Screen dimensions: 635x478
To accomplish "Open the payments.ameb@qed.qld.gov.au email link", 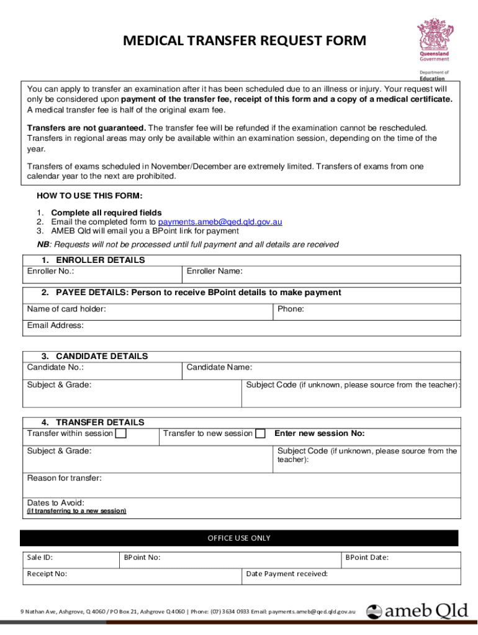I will (x=220, y=222).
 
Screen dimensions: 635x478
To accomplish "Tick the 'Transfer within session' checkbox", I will (x=121, y=433).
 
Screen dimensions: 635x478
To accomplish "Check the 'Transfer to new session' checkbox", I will (x=261, y=433).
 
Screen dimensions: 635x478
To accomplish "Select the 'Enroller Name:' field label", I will (x=214, y=271).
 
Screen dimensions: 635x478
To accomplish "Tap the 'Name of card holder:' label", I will (x=66, y=309).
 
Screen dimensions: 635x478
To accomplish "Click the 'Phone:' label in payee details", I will (x=291, y=309).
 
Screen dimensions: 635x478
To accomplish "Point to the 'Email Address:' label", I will (x=55, y=325).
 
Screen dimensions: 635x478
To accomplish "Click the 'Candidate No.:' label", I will (x=56, y=367).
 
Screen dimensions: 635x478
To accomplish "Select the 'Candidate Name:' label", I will (x=219, y=367).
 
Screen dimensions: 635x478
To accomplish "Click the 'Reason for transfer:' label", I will (x=65, y=477).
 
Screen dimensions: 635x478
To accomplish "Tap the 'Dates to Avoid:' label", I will (x=56, y=502).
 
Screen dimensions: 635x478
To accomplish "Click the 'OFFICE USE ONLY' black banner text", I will (x=239, y=538).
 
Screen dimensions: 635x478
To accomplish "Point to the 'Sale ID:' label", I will (x=40, y=557).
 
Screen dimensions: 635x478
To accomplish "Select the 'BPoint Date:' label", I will (x=367, y=557).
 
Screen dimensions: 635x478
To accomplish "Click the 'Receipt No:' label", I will (x=47, y=574).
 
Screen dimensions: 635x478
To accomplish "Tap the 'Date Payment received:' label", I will (x=287, y=574).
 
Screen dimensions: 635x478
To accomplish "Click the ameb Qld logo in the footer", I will (x=417, y=611).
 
